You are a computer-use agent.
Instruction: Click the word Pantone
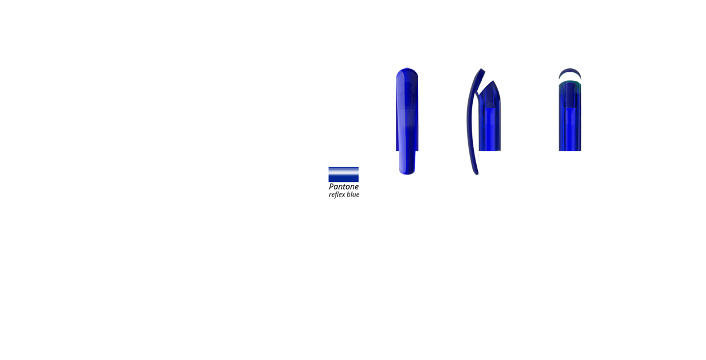(343, 186)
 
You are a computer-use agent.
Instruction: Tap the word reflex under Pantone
(337, 194)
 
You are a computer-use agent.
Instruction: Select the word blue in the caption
(354, 194)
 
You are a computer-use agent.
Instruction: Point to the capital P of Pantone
(331, 186)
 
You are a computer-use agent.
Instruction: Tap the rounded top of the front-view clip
(407, 71)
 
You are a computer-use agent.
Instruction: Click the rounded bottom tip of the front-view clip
(407, 172)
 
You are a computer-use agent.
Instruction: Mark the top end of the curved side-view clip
(482, 70)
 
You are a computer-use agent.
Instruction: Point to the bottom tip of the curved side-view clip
(477, 174)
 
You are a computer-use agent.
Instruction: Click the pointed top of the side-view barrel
(493, 81)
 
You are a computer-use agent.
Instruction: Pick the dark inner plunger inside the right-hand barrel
(570, 95)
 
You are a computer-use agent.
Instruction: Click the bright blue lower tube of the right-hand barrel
(570, 129)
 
